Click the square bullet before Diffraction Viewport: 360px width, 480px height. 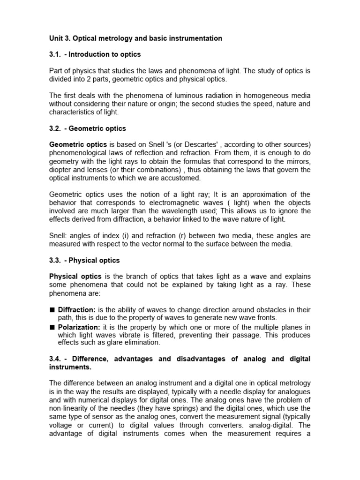[52, 310]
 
